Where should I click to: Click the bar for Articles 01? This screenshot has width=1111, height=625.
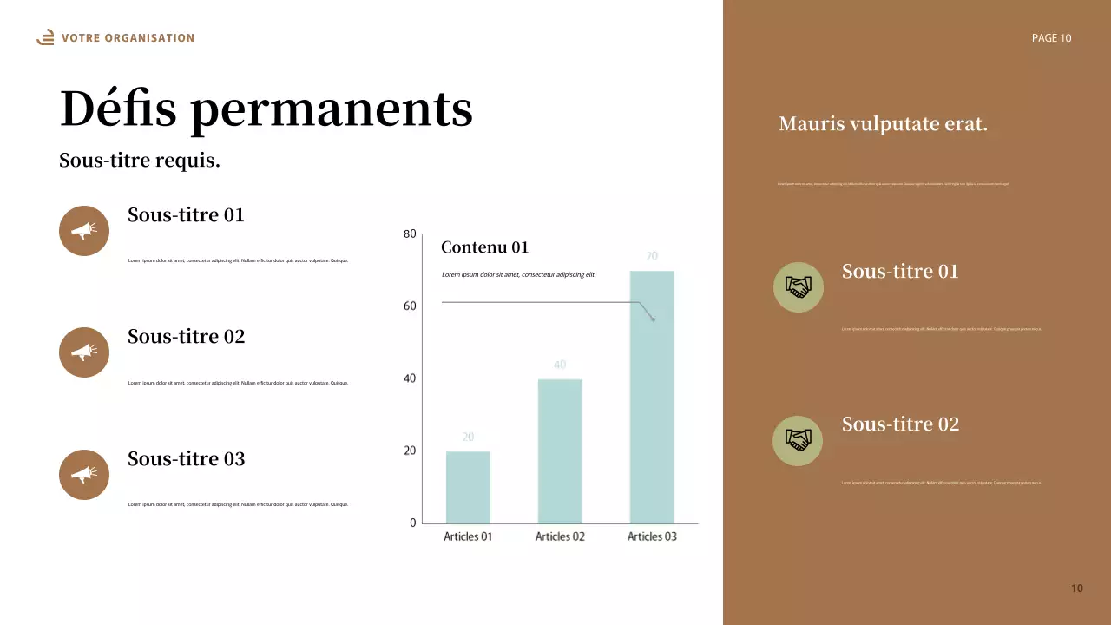(x=468, y=487)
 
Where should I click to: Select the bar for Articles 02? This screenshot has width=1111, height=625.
(x=560, y=451)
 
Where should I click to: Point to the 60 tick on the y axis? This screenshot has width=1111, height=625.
(x=410, y=306)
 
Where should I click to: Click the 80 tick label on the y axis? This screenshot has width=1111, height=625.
(x=410, y=234)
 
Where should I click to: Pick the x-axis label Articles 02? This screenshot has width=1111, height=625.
(x=560, y=536)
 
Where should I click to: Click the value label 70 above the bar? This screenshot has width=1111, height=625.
(x=652, y=256)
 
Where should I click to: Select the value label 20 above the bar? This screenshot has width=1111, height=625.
(x=468, y=437)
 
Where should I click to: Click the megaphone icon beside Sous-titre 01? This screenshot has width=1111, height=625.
(x=84, y=231)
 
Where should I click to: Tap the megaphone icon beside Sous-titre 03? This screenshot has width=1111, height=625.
(x=84, y=475)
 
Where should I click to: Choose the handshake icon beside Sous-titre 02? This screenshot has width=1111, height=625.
(x=798, y=440)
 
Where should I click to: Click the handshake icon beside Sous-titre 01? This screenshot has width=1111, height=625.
(x=798, y=286)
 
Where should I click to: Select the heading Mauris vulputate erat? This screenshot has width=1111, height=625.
(x=883, y=124)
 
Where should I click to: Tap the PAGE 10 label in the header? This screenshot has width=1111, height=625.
(x=1051, y=38)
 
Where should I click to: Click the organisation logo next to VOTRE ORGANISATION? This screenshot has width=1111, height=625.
(x=46, y=37)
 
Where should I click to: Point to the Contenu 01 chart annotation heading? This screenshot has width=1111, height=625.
(x=484, y=247)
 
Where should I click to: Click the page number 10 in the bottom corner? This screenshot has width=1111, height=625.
(x=1077, y=589)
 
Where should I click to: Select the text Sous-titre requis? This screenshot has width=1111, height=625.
(x=140, y=161)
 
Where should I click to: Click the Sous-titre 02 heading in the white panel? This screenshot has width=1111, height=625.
(x=186, y=337)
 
